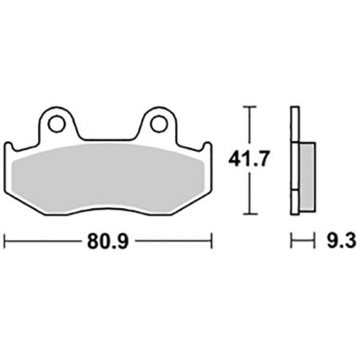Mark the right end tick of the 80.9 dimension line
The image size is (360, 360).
210,238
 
